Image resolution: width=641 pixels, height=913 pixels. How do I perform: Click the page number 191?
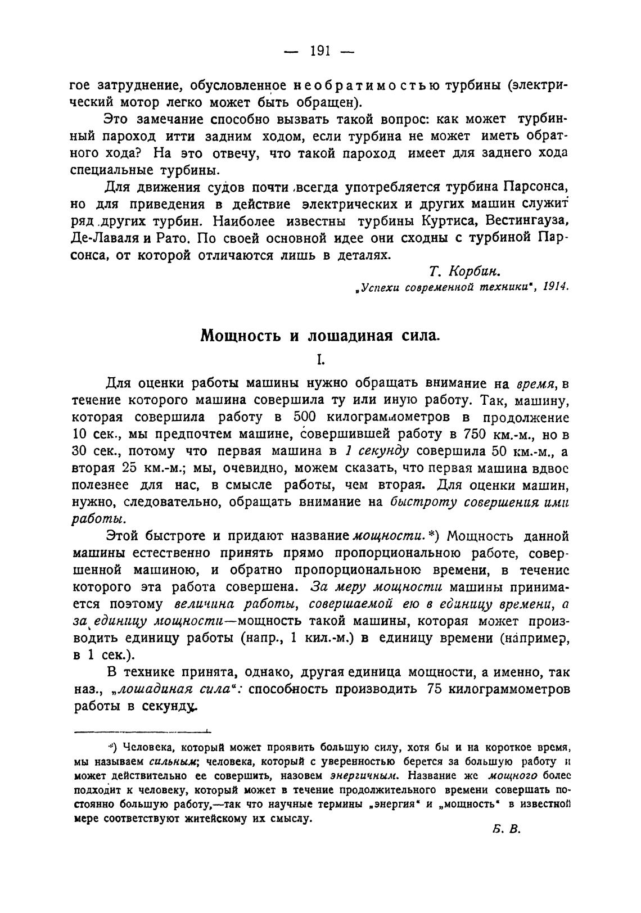coord(320,51)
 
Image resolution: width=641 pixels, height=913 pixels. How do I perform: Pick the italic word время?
coord(536,384)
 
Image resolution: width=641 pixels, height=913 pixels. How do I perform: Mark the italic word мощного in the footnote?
coord(510,776)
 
